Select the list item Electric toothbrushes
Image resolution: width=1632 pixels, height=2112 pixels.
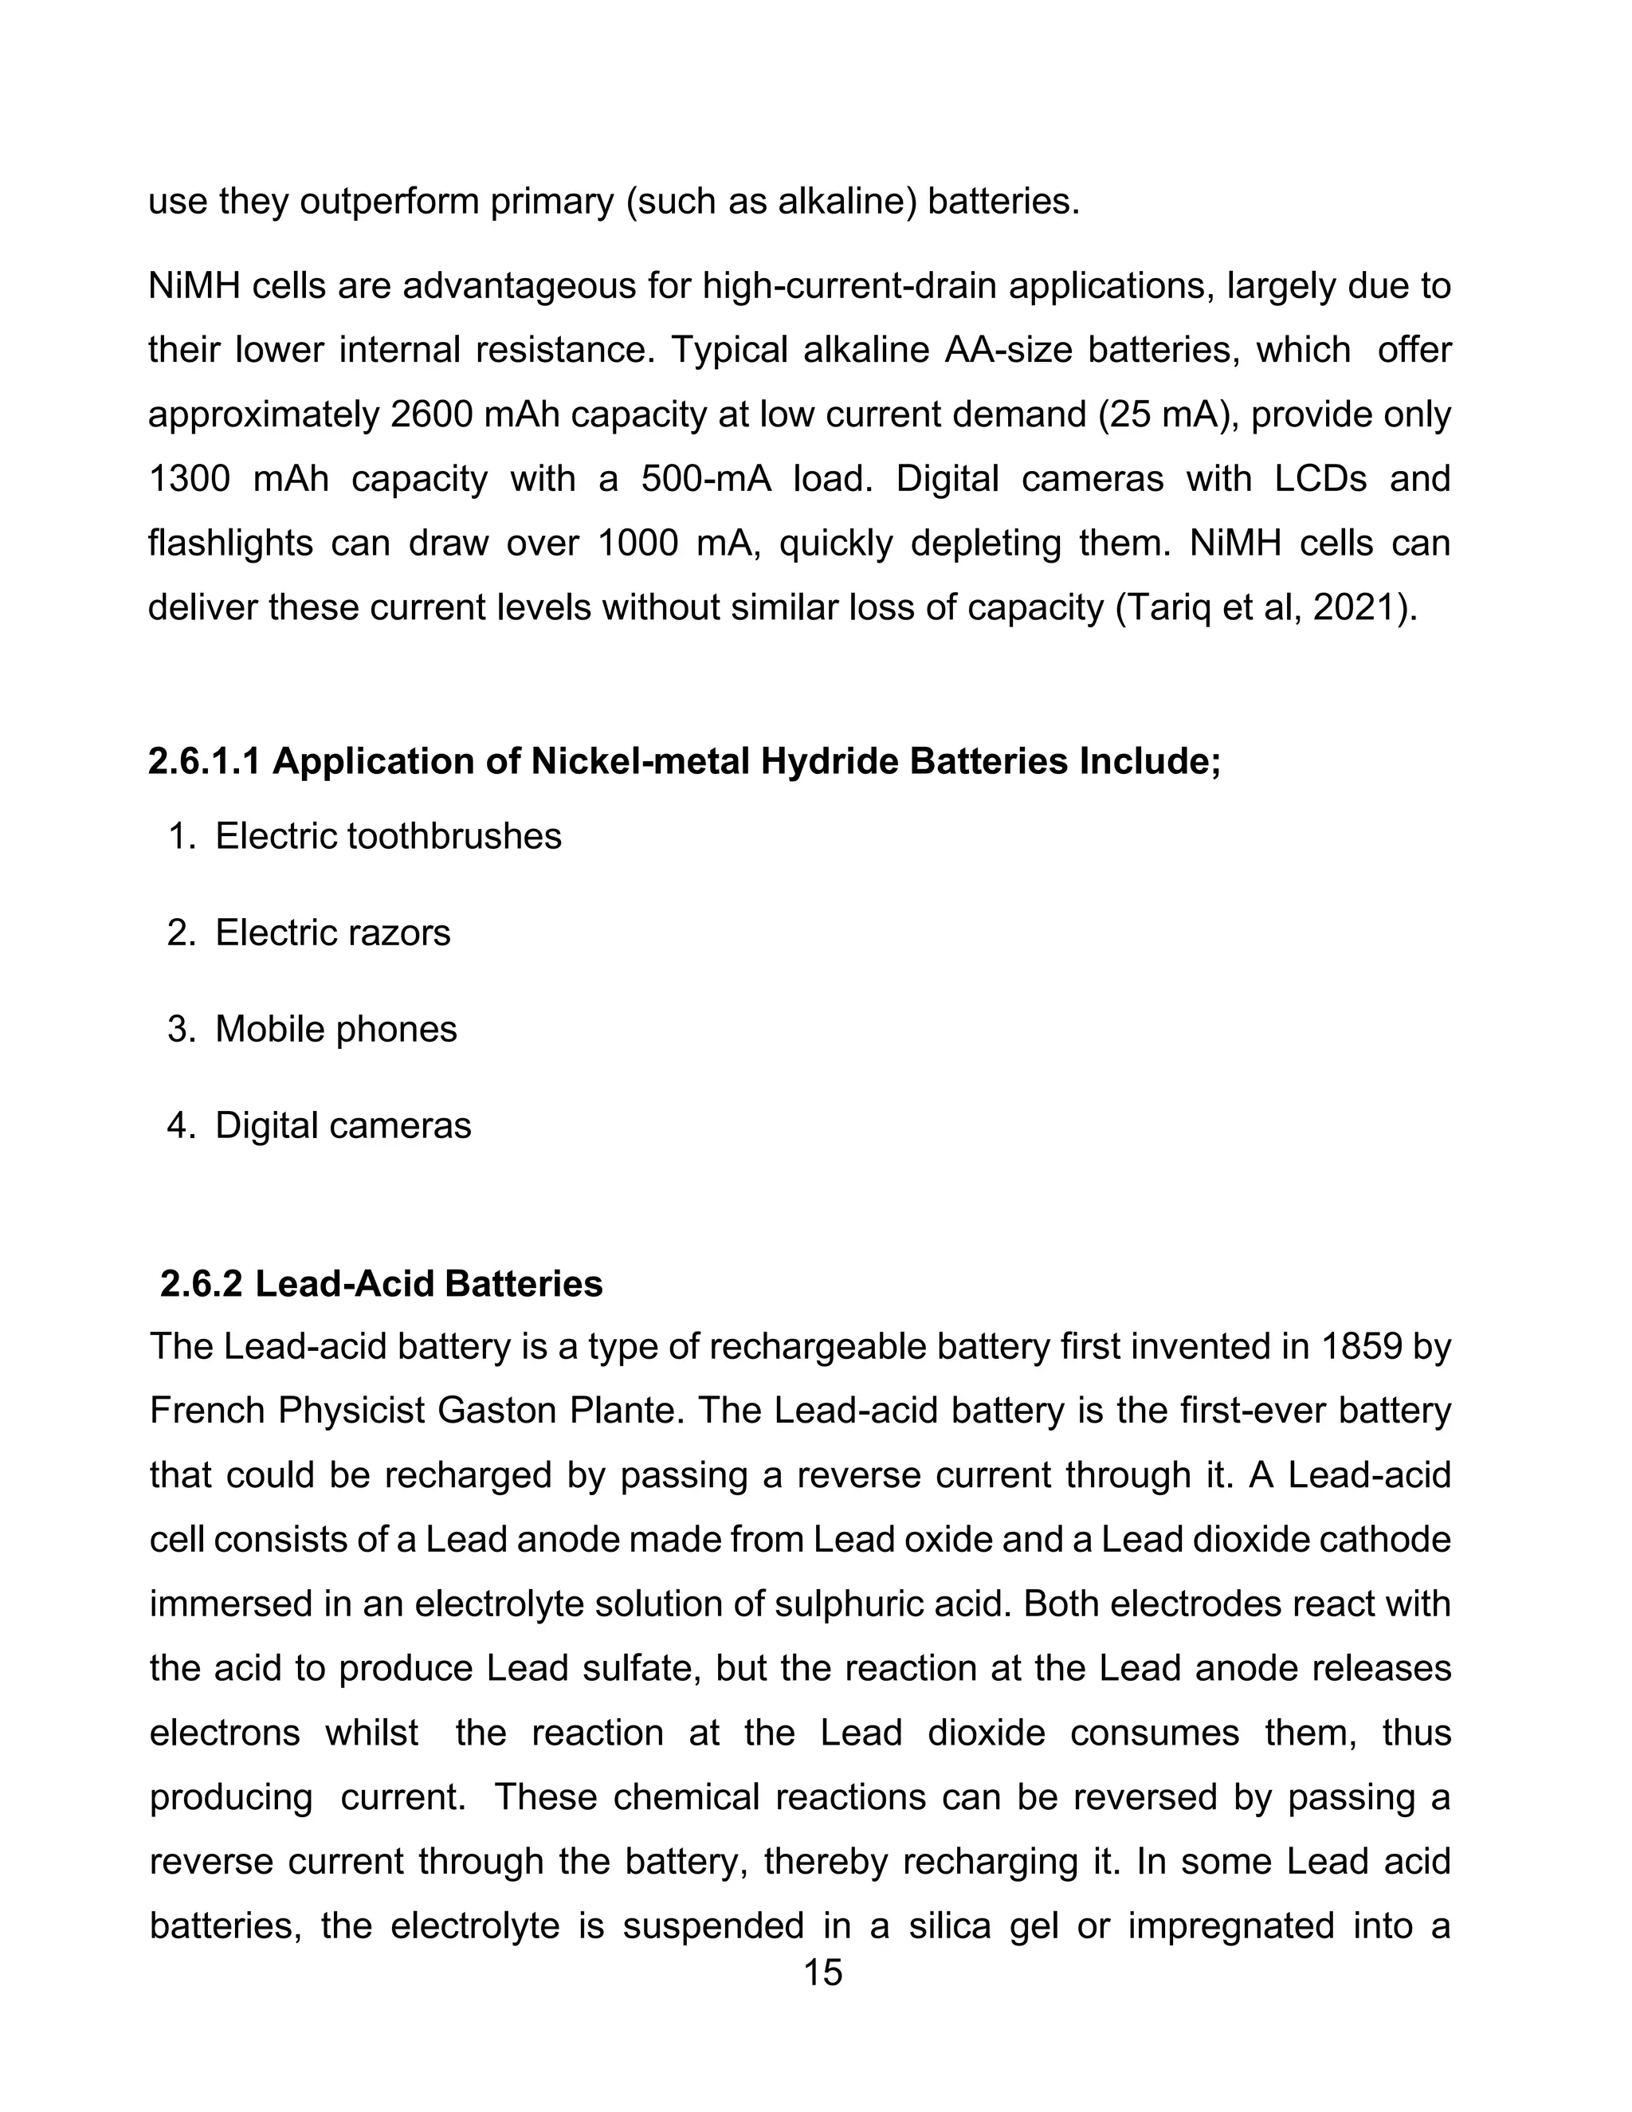tap(388, 837)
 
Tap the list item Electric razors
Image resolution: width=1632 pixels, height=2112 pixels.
tap(332, 933)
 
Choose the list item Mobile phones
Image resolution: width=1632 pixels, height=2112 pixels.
tap(335, 1029)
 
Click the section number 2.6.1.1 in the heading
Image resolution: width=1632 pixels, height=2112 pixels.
tap(204, 762)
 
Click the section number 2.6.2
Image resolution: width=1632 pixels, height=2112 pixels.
tap(201, 1284)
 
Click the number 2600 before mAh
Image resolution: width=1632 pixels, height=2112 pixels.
tap(432, 415)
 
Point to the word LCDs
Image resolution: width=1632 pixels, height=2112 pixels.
tap(1320, 480)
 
